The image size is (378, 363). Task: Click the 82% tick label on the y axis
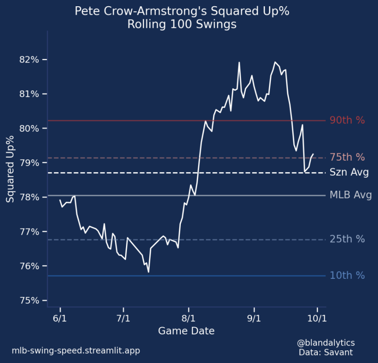(x=30, y=60)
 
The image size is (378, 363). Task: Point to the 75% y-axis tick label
(x=30, y=301)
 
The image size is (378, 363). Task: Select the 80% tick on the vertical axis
(x=30, y=128)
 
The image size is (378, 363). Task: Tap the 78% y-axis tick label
(x=30, y=197)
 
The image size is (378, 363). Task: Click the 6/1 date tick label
(x=60, y=319)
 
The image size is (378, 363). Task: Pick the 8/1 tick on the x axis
(x=189, y=319)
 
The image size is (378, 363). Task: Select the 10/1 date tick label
(x=317, y=319)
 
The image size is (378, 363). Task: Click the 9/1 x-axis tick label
(x=254, y=319)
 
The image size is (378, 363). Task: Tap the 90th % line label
(x=347, y=121)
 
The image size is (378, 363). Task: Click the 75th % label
(x=347, y=157)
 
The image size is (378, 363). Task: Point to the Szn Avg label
(x=349, y=172)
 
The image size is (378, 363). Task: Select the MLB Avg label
(x=350, y=196)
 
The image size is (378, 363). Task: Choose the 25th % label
(x=347, y=239)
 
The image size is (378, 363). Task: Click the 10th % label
(x=347, y=275)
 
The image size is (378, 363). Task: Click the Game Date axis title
(x=186, y=332)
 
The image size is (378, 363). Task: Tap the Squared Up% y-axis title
(x=10, y=169)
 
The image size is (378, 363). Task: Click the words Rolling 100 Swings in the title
(x=182, y=24)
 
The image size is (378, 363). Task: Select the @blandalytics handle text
(x=326, y=343)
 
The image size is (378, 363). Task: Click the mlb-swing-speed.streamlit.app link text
(x=76, y=350)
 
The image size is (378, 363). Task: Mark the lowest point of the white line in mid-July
(x=148, y=272)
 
